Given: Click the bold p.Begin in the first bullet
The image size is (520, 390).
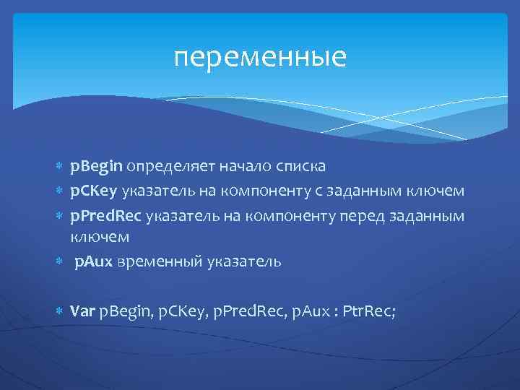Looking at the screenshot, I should (x=97, y=167).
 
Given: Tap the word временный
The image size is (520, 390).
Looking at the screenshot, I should (x=152, y=261).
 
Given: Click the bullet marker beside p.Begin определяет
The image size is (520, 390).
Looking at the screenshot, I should (x=60, y=168).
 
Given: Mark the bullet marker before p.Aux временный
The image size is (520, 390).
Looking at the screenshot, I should (x=60, y=261).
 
